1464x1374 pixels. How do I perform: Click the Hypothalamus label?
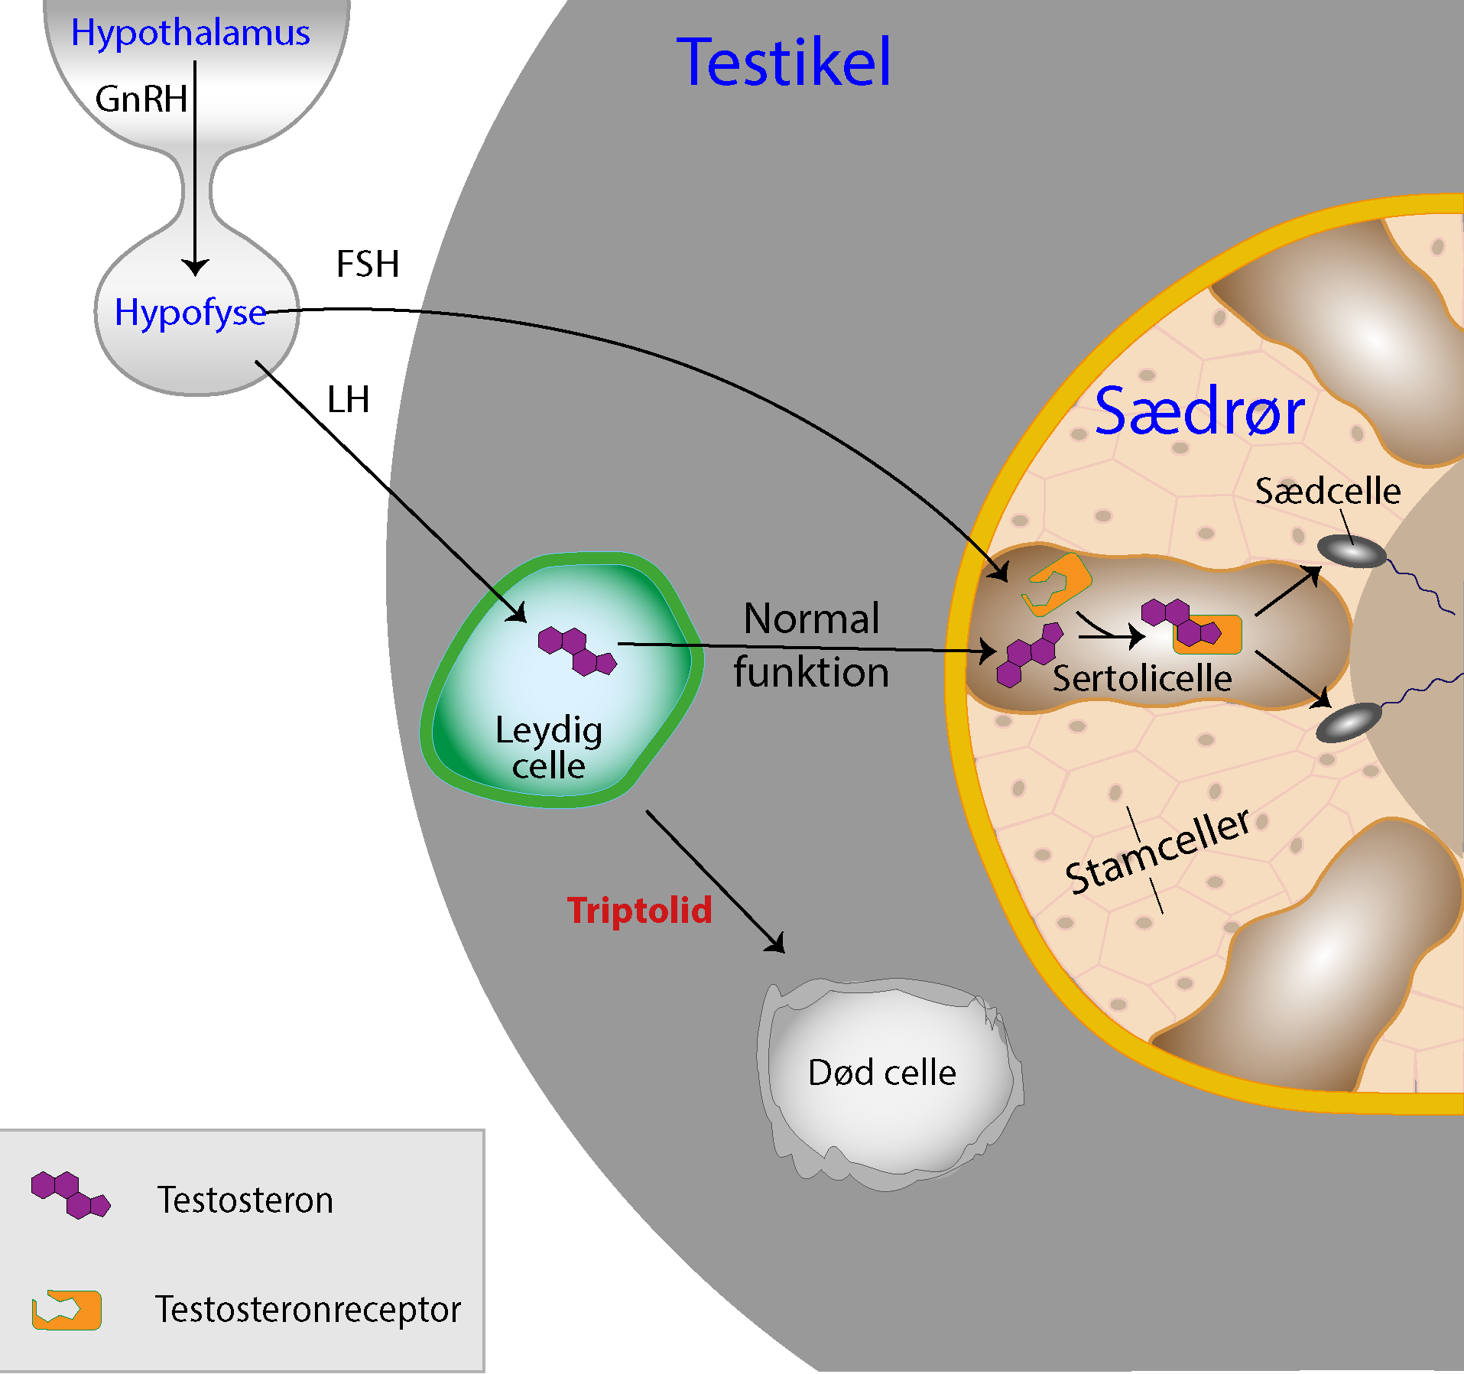pyautogui.click(x=190, y=33)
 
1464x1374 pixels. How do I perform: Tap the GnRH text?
pyautogui.click(x=141, y=99)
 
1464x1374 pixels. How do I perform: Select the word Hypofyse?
pyautogui.click(x=190, y=313)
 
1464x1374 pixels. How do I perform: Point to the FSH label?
pyautogui.click(x=368, y=265)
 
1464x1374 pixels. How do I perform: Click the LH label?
pyautogui.click(x=348, y=400)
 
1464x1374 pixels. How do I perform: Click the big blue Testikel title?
pyautogui.click(x=784, y=63)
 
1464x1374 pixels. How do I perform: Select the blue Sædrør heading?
pyautogui.click(x=1199, y=412)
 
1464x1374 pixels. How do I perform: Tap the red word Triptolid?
pyautogui.click(x=639, y=911)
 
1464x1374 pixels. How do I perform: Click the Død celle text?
pyautogui.click(x=881, y=1073)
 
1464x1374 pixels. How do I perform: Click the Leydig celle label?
pyautogui.click(x=549, y=748)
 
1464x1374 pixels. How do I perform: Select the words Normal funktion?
pyautogui.click(x=811, y=645)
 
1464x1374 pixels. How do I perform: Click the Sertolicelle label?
pyautogui.click(x=1141, y=678)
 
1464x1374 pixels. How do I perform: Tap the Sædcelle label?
pyautogui.click(x=1328, y=491)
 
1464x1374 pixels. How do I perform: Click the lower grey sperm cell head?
pyautogui.click(x=1349, y=723)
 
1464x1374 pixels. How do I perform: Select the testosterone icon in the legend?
pyautogui.click(x=70, y=1194)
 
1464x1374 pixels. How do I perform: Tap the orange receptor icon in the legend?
pyautogui.click(x=67, y=1310)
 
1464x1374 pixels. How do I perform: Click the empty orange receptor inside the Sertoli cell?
pyautogui.click(x=1057, y=584)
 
